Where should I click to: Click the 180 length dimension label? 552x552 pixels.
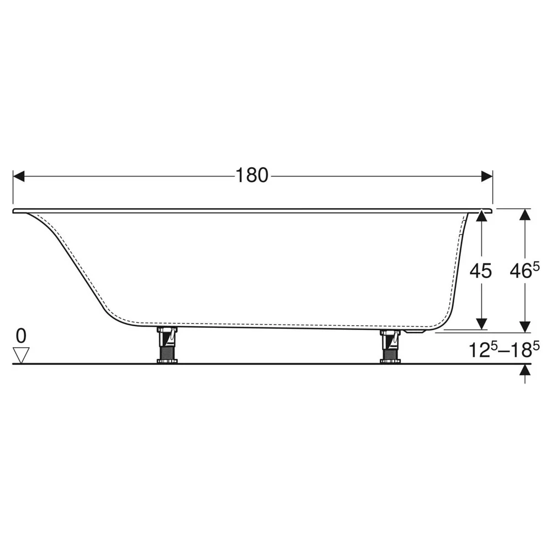tap(252, 176)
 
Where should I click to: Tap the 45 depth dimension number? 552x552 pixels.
tap(481, 270)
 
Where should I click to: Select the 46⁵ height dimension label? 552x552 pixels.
tap(524, 270)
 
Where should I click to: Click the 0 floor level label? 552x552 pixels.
tap(21, 336)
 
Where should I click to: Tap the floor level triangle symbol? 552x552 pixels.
tap(21, 355)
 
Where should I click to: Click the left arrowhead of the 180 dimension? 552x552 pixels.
tap(19, 177)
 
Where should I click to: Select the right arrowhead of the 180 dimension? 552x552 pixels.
tap(487, 177)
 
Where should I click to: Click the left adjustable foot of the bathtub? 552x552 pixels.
tap(167, 345)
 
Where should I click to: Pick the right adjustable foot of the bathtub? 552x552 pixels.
tap(390, 347)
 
